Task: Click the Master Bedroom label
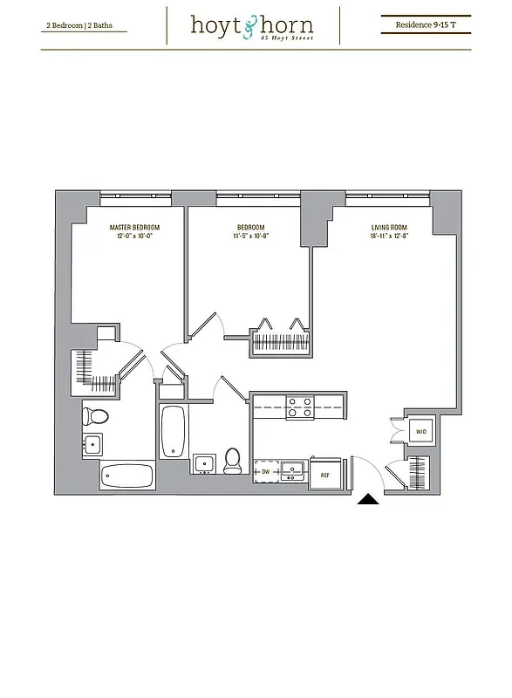tap(134, 227)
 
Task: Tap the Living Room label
tap(389, 227)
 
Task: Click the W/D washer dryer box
tap(420, 432)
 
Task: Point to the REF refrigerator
tap(325, 475)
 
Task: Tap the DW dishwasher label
tap(265, 471)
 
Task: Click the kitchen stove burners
tap(301, 407)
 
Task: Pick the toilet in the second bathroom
tap(232, 461)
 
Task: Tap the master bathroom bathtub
tap(127, 476)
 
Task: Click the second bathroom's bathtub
tap(173, 432)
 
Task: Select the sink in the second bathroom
tap(204, 462)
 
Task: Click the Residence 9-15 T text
tap(426, 25)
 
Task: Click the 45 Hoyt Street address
tap(291, 38)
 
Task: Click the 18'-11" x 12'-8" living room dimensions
tap(389, 236)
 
